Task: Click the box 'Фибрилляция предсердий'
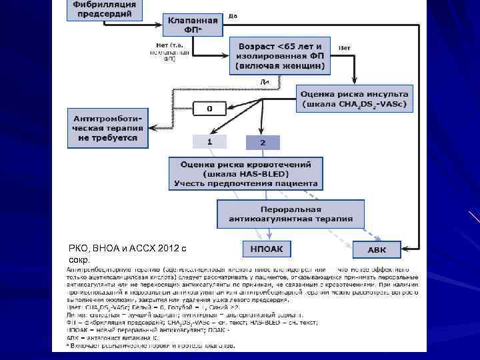[x=104, y=10]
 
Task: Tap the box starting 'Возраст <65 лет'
[x=279, y=55]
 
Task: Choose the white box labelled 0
[x=209, y=108]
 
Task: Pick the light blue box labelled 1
[x=209, y=143]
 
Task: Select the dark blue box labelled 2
[x=263, y=143]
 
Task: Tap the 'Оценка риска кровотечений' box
[x=245, y=173]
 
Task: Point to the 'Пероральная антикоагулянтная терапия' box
[x=291, y=213]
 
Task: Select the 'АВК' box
[x=377, y=250]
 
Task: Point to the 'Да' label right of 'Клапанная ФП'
[x=233, y=15]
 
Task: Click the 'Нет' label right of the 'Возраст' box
[x=345, y=47]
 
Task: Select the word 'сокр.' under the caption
[x=78, y=259]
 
